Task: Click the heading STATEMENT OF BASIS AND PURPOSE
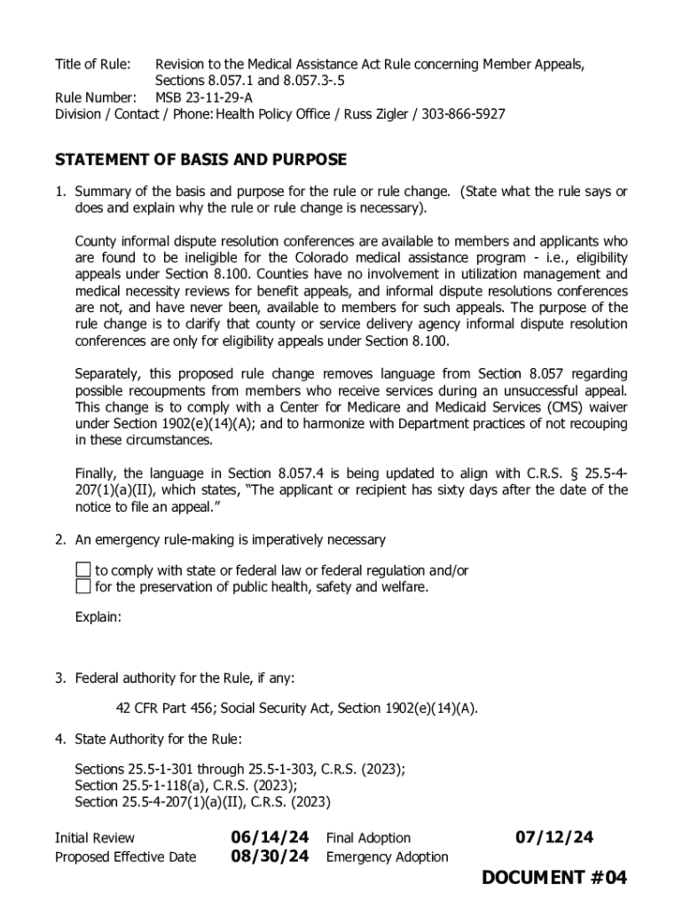(x=200, y=160)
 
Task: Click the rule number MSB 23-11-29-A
(x=203, y=98)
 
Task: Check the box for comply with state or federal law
(x=82, y=570)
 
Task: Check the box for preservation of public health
(x=82, y=586)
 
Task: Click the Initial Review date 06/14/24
(x=270, y=837)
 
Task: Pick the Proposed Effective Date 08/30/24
(x=270, y=857)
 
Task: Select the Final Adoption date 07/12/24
(x=554, y=837)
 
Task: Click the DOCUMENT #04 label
(x=554, y=878)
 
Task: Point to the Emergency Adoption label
(x=387, y=857)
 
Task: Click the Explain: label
(x=98, y=617)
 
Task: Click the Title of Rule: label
(x=93, y=65)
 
